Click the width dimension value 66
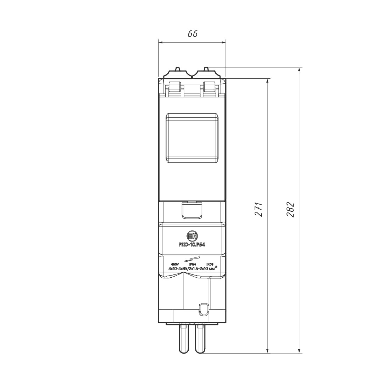[193, 34]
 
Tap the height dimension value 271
[259, 209]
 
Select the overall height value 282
[290, 209]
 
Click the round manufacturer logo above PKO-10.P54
[192, 236]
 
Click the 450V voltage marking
[175, 264]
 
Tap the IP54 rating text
[192, 264]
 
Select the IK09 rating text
[210, 264]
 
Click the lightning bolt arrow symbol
[192, 259]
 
